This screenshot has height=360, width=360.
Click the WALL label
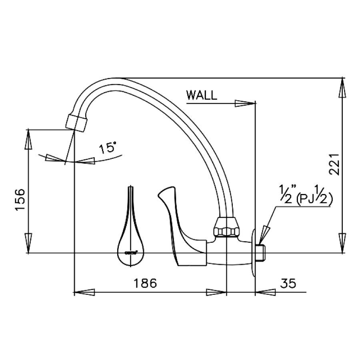click(x=202, y=96)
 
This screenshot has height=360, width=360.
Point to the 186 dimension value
click(x=145, y=283)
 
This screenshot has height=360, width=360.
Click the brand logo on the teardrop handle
click(x=132, y=252)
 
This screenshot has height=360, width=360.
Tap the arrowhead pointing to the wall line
click(x=245, y=103)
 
